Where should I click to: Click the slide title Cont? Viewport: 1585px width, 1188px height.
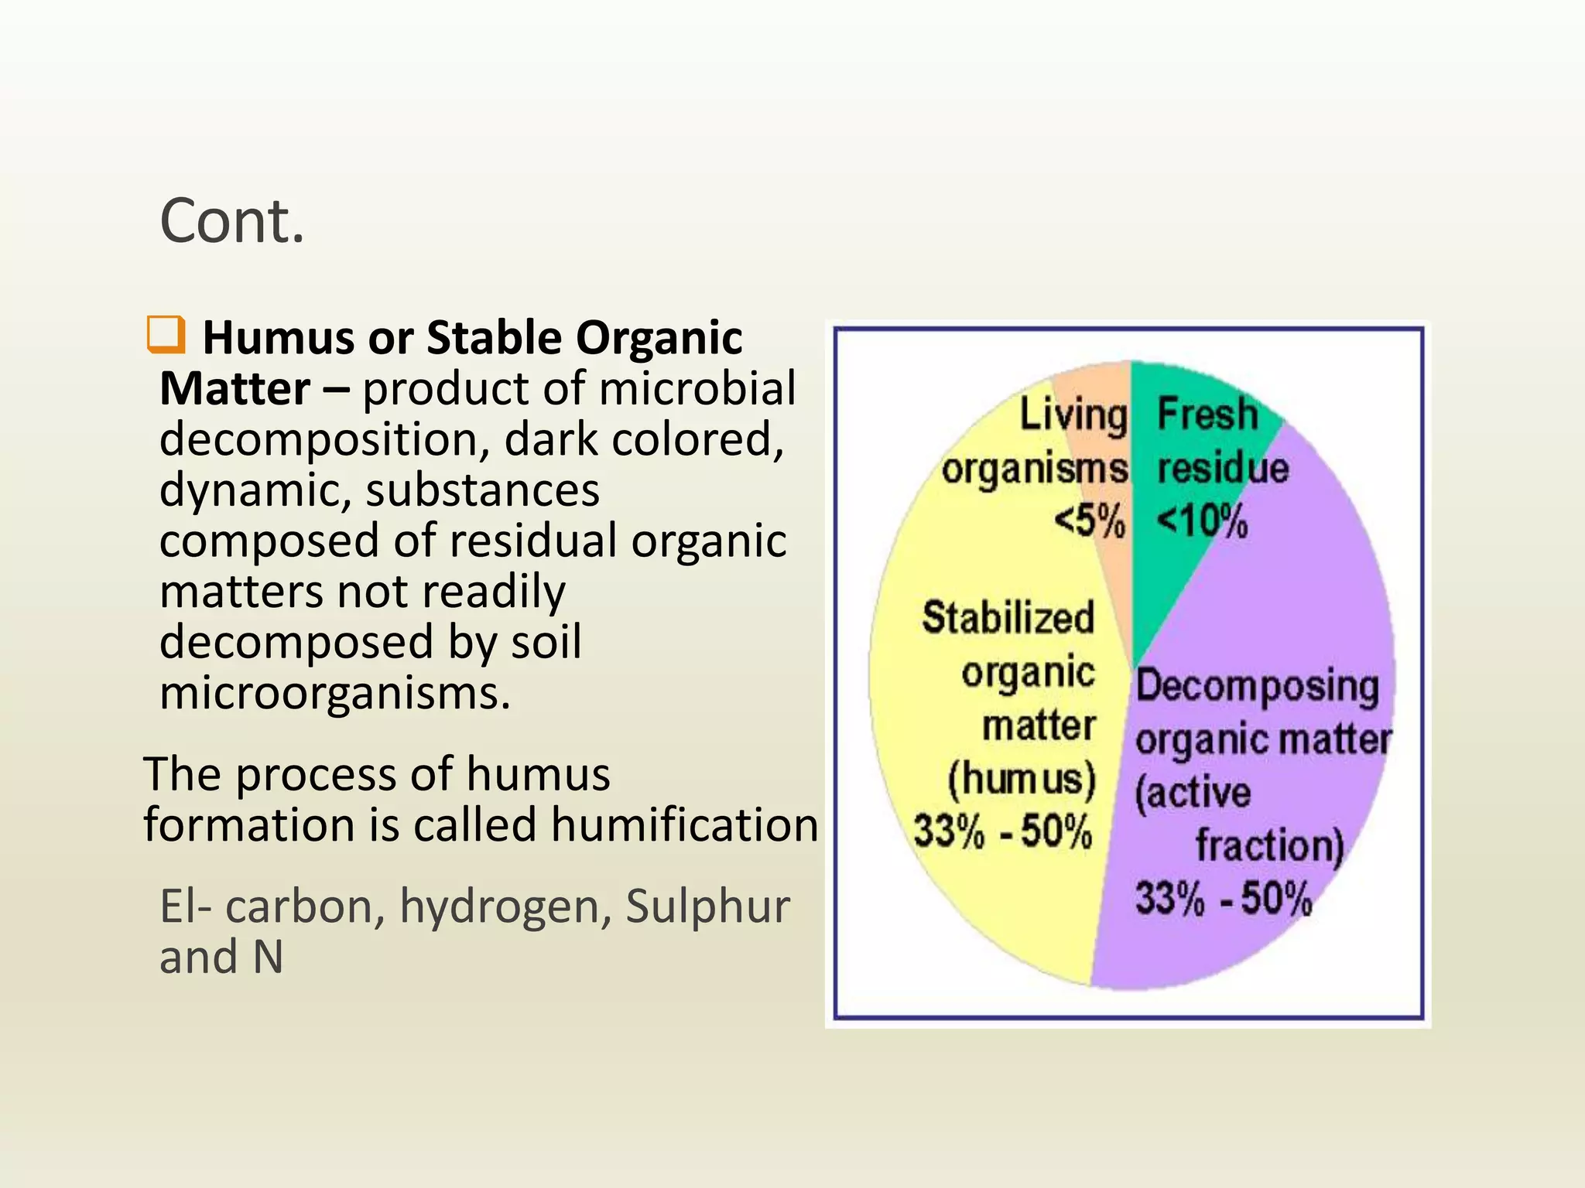[x=232, y=221]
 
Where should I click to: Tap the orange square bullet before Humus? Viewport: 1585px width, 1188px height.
[x=166, y=334]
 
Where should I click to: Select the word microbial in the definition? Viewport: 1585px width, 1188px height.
[x=697, y=388]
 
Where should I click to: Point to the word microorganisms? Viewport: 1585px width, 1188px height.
[x=334, y=694]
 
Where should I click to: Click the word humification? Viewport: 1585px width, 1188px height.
[x=684, y=824]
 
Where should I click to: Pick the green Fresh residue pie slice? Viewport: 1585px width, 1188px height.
[x=1184, y=588]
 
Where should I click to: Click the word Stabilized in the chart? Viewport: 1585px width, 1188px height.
[x=1008, y=618]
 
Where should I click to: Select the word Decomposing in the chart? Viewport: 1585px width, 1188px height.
[x=1257, y=686]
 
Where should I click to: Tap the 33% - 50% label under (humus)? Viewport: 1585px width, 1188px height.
[x=1003, y=831]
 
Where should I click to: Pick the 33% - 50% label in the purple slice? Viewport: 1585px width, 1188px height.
[x=1224, y=899]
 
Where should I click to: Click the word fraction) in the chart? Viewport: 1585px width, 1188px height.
[x=1269, y=845]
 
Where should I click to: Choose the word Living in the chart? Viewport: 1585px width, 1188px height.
[x=1073, y=415]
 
